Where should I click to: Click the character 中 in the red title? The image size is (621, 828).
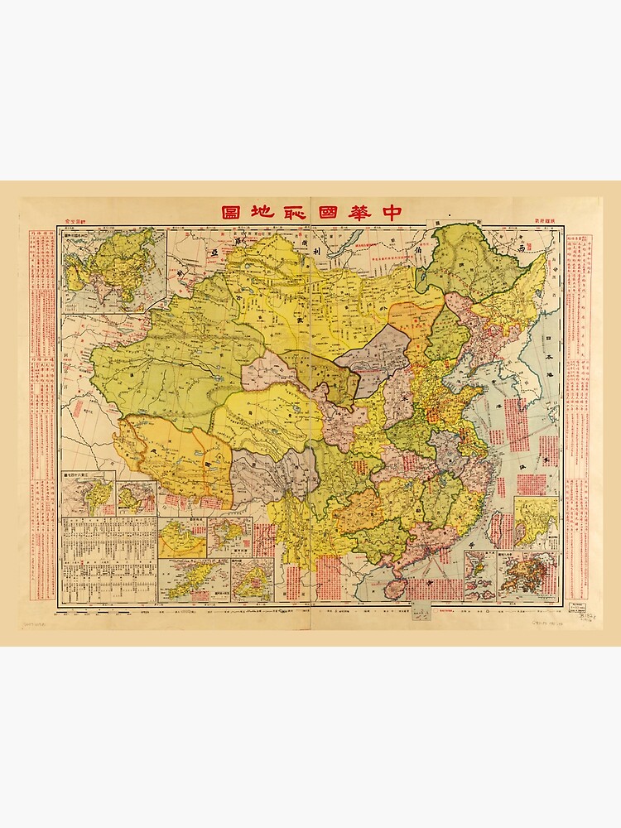coord(391,212)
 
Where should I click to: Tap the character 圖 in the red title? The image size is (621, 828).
coord(231,212)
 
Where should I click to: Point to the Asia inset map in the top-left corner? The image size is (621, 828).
coord(113,271)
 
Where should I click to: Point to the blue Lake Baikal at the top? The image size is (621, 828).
coord(349,240)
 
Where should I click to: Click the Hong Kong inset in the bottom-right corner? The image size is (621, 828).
coord(528,575)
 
